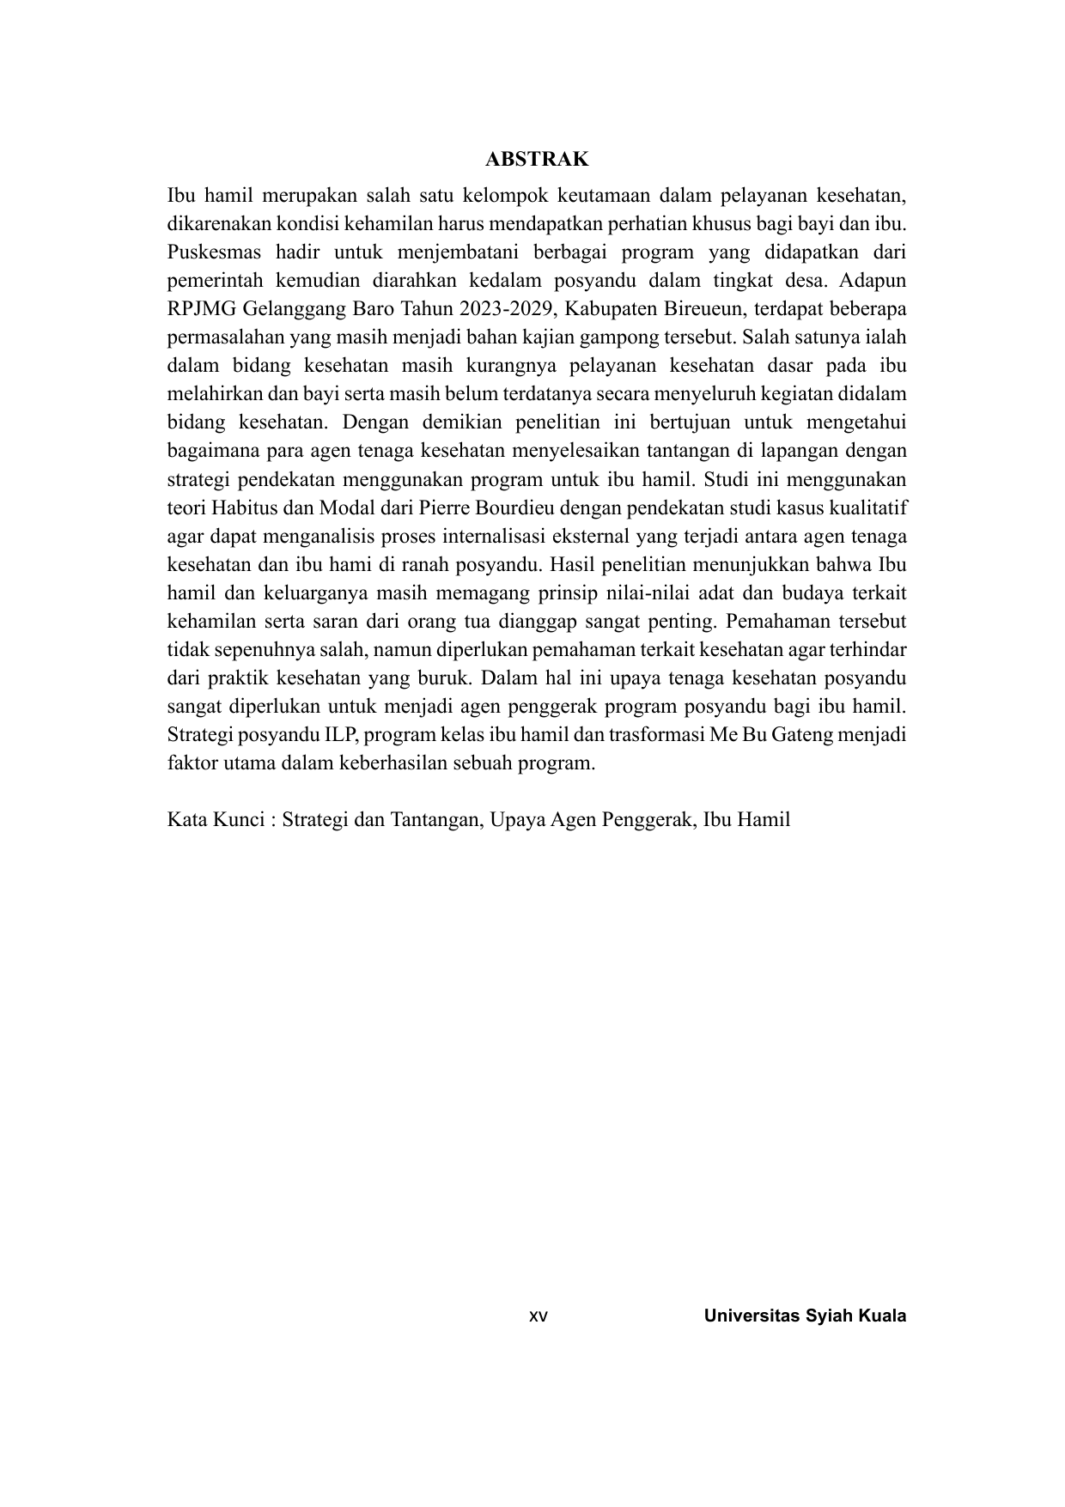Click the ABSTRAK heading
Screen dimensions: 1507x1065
(537, 159)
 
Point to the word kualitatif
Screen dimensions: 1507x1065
(868, 507)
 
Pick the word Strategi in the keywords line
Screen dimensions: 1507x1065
(316, 819)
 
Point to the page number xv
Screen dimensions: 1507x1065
(538, 1316)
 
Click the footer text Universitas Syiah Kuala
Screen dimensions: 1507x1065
(805, 1316)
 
